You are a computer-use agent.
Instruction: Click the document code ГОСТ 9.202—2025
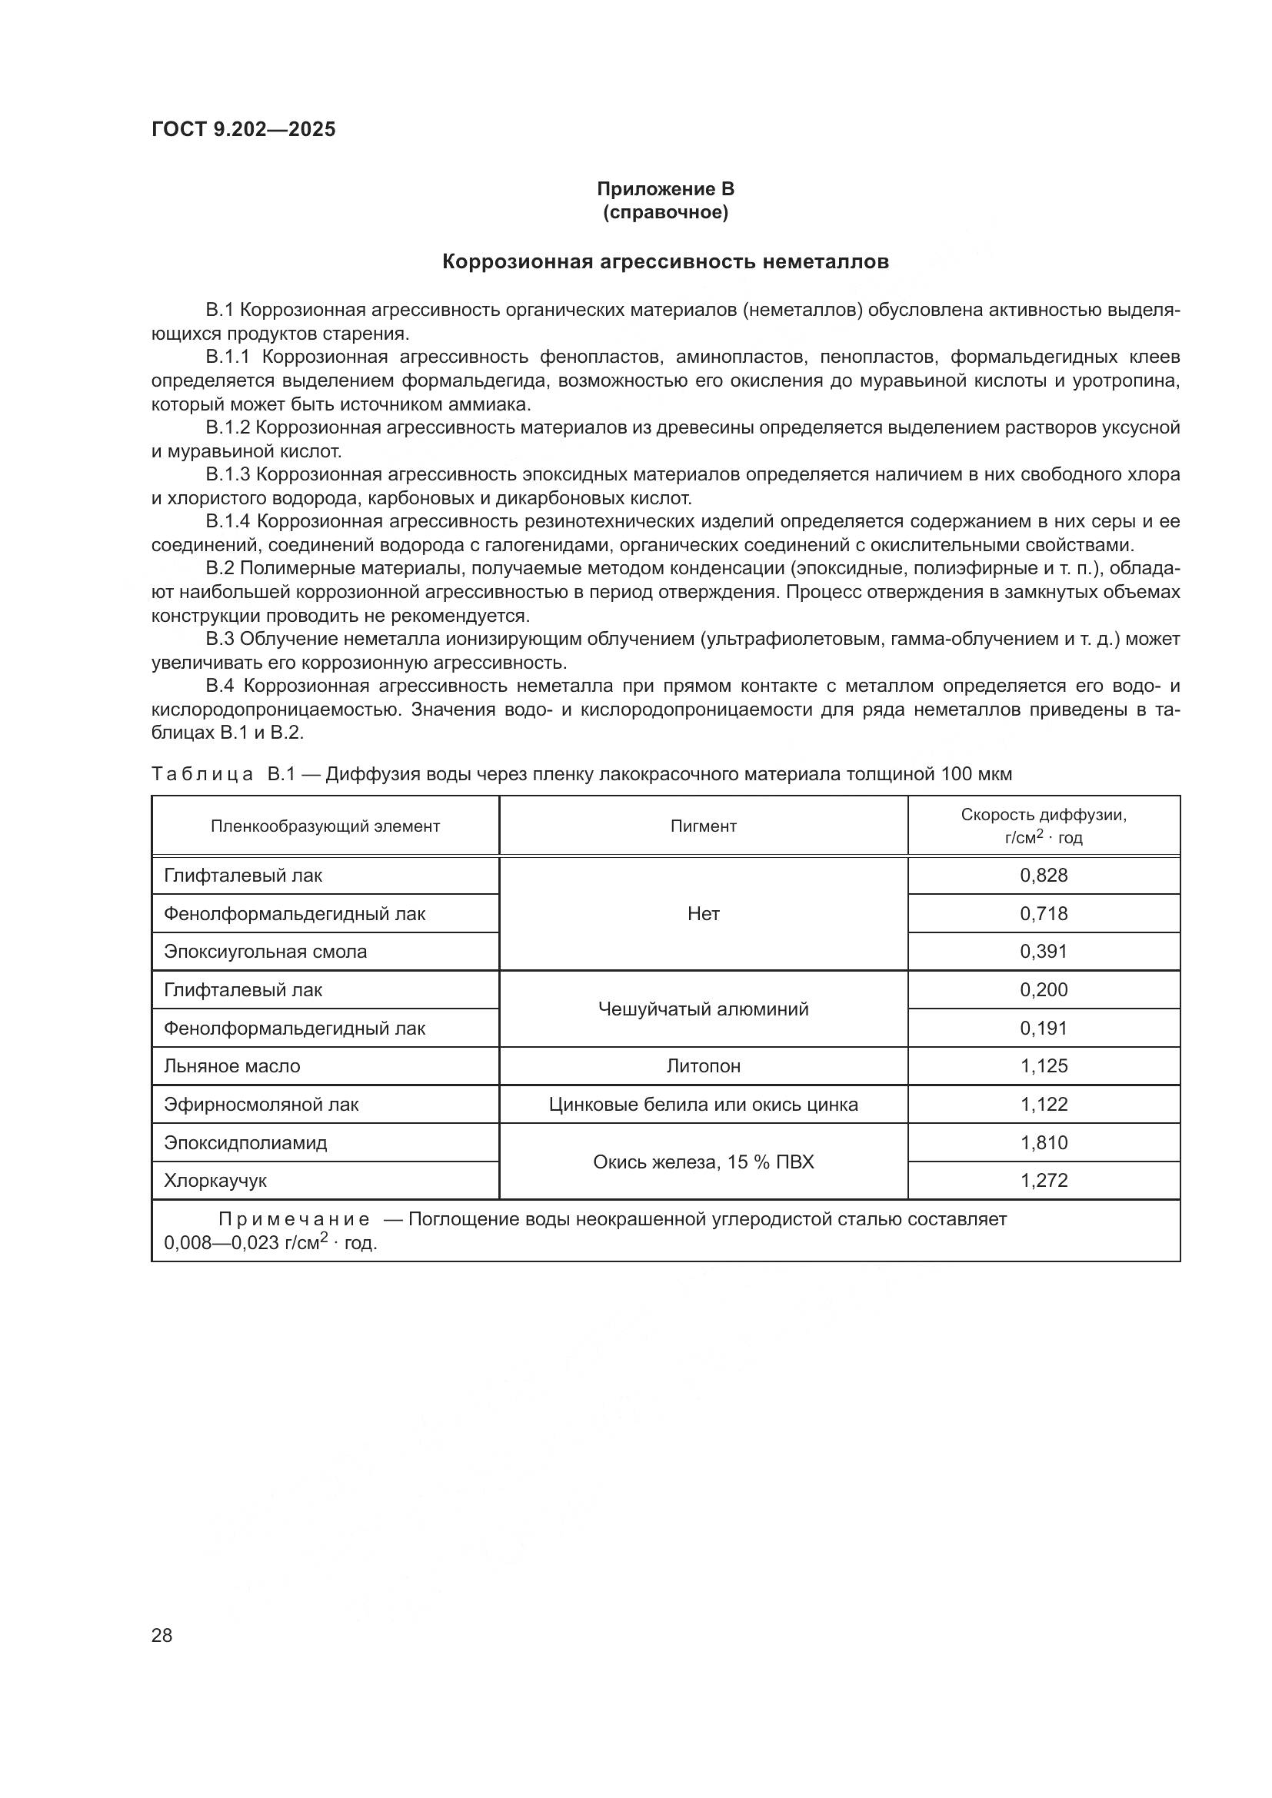243,129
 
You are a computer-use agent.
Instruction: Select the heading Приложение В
665,189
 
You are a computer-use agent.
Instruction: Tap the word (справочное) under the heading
665,212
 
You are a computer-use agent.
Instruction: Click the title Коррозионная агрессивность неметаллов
665,261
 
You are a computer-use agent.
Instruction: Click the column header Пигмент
703,826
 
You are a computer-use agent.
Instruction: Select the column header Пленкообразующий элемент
325,826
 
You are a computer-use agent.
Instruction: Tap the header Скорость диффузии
1044,815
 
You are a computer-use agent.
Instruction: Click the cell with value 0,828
1044,876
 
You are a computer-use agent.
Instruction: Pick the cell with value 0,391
1044,952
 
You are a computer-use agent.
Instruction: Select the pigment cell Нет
703,914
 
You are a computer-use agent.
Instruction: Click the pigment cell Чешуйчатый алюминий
703,1009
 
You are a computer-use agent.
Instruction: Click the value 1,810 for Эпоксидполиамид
1044,1142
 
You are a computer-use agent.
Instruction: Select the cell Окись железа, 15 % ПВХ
703,1162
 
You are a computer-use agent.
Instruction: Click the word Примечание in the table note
294,1219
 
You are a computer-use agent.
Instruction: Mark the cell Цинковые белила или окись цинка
703,1104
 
